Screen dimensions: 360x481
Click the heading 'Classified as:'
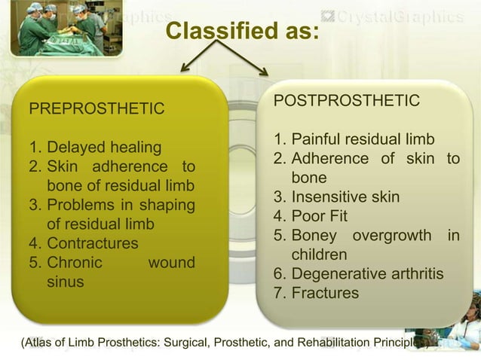click(x=241, y=32)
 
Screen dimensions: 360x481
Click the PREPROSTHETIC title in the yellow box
click(x=96, y=110)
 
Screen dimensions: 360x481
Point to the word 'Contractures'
click(x=92, y=244)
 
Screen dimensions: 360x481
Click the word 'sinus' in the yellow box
click(x=66, y=282)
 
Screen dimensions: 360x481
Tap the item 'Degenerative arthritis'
click(x=367, y=273)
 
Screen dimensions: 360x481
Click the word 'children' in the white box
click(x=320, y=255)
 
